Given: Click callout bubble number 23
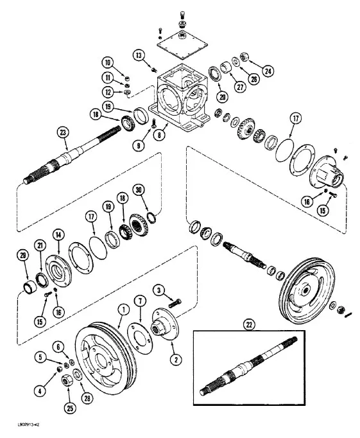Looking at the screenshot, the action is pos(63,132).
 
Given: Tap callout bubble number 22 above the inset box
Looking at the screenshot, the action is pos(249,324).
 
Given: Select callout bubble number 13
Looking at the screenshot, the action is pos(139,55).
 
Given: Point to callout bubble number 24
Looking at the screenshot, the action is pos(268,71).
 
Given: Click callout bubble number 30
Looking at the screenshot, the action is pos(139,190).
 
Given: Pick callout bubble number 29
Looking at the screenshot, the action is pos(23,256).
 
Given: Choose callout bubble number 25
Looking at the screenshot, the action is pos(70,408).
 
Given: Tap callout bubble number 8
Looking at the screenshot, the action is pos(159,136).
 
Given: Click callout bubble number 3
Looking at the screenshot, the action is pos(159,290).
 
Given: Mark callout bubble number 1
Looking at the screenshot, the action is pos(124,309).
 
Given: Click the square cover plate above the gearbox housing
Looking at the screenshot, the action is pos(182,45).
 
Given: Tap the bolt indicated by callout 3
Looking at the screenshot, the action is pos(175,303).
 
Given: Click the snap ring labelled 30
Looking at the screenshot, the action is pos(151,218).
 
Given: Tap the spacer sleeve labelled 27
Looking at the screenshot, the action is pos(226,67).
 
